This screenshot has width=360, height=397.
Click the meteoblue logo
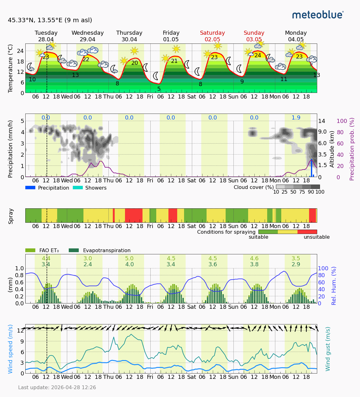point(318,15)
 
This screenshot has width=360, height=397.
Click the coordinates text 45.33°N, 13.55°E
point(50,20)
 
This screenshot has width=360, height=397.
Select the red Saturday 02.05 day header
point(212,36)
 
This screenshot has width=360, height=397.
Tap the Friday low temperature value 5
point(159,89)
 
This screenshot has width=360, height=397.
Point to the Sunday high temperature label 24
point(257,55)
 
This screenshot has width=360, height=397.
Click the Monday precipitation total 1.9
point(296,118)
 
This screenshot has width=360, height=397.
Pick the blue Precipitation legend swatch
point(30,188)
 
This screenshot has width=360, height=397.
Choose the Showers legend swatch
point(78,188)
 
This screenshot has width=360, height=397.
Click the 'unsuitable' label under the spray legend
point(317,237)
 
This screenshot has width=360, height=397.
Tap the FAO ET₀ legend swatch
point(30,250)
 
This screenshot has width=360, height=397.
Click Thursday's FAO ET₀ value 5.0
point(129,258)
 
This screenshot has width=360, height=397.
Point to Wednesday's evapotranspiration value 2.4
point(87,264)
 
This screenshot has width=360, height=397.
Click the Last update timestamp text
point(57,387)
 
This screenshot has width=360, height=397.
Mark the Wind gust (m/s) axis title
point(328,349)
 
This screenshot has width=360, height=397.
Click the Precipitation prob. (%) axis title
point(352,149)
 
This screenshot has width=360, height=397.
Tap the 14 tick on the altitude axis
point(322,121)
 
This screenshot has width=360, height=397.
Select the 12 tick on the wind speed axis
point(21,330)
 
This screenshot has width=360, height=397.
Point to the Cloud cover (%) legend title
point(254,187)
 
